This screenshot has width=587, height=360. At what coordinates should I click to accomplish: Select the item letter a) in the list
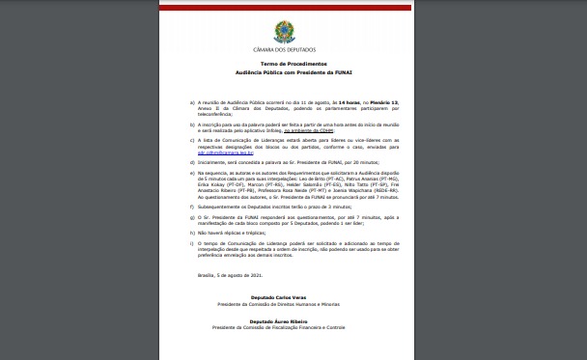pyautogui.click(x=194, y=99)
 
